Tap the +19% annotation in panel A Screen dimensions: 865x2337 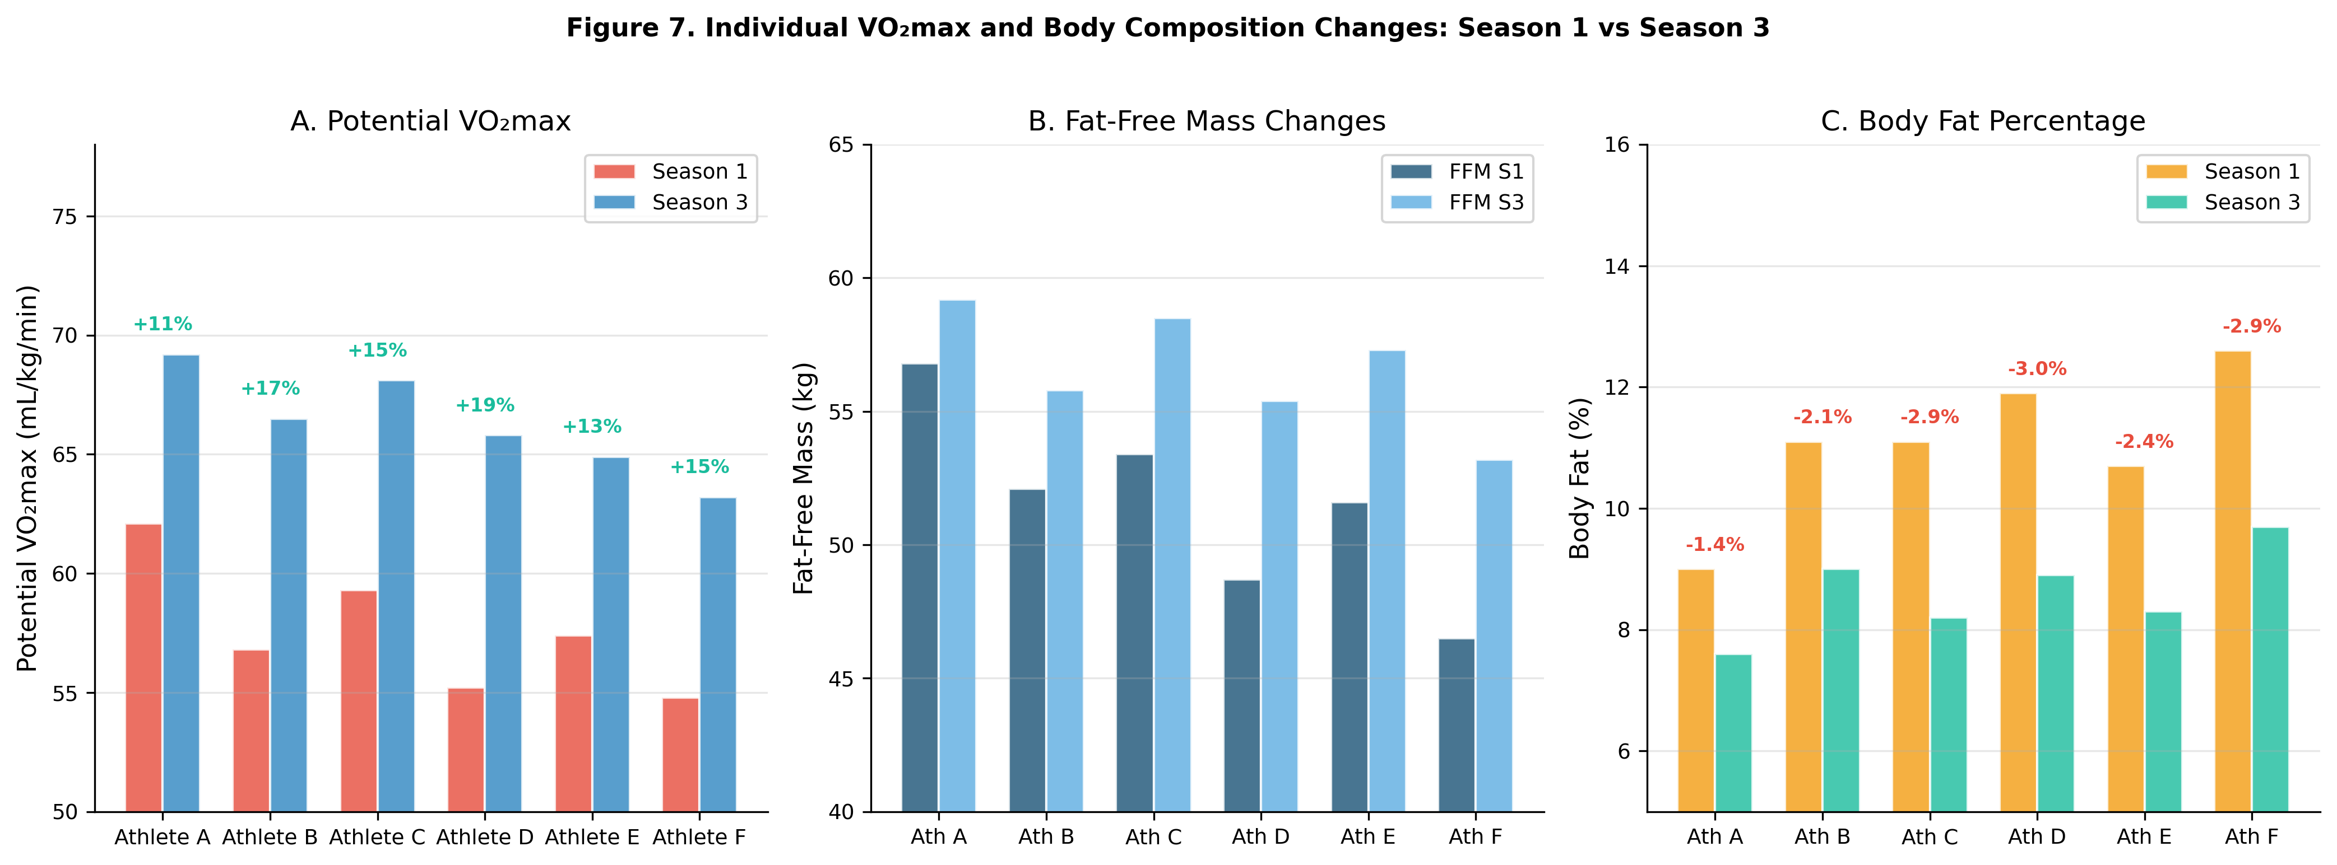tap(484, 405)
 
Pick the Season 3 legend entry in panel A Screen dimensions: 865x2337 tap(671, 202)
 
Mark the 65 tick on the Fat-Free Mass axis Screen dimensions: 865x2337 tap(841, 145)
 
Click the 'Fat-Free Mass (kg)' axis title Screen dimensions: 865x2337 tap(804, 478)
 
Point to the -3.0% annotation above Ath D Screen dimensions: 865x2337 tap(2037, 369)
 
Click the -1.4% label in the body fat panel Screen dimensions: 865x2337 tap(1715, 545)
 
